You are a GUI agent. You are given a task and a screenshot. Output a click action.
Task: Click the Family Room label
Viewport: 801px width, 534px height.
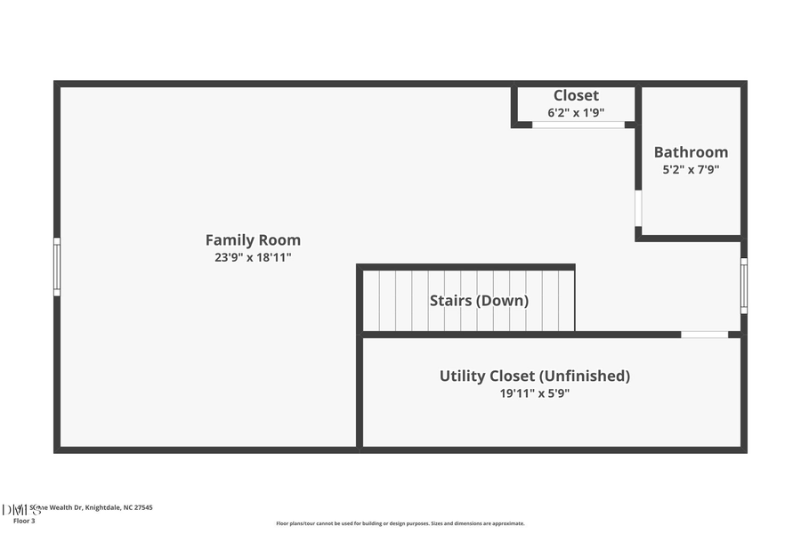coord(253,239)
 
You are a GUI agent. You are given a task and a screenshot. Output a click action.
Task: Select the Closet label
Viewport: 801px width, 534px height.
coord(576,95)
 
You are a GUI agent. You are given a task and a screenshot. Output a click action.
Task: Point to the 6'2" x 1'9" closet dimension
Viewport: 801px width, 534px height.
coord(576,113)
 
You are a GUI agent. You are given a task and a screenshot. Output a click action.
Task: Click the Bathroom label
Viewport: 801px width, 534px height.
coord(691,152)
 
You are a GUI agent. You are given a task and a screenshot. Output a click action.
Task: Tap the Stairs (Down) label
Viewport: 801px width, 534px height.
coord(479,301)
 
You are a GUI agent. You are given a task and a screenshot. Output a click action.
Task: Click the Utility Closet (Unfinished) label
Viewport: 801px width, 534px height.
coord(534,376)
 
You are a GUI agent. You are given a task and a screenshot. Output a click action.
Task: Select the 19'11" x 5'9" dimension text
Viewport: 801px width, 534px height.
coord(534,392)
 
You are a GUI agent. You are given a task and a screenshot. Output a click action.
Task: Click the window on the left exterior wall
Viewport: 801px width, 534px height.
coord(57,266)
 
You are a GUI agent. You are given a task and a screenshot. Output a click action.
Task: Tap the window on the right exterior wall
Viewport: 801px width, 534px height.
coord(744,285)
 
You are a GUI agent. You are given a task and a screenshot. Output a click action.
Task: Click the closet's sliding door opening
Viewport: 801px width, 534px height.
coord(578,125)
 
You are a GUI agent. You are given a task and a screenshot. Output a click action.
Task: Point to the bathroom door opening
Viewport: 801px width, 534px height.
coord(638,208)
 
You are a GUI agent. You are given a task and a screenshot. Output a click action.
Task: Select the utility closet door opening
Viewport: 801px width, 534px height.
coord(704,335)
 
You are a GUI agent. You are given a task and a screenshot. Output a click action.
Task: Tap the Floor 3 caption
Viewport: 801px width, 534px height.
coord(24,521)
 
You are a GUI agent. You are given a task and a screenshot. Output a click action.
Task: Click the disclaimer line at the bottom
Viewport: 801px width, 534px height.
coord(400,523)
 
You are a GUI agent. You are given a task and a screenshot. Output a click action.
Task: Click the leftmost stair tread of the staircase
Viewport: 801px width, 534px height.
coord(371,301)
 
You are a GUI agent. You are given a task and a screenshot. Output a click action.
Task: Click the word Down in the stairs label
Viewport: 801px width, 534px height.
coord(505,301)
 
